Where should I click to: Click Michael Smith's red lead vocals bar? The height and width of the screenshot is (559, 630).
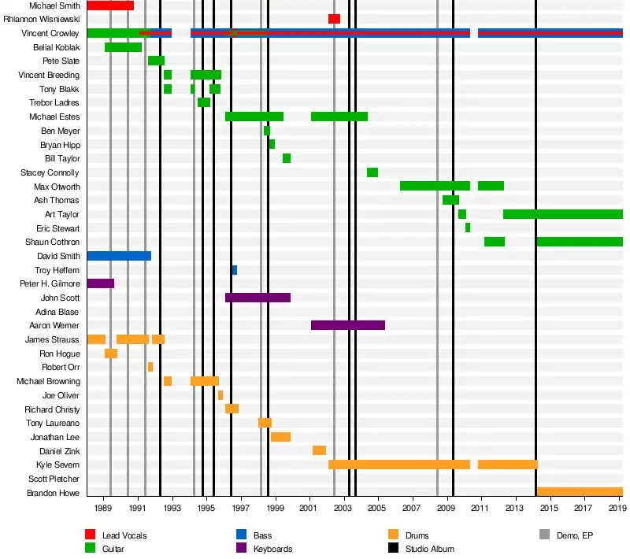coord(110,6)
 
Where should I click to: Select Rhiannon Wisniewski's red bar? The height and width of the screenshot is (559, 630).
coord(334,19)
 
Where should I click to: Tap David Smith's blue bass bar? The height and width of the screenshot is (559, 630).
coord(119,256)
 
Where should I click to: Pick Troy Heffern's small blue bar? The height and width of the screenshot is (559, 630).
coord(235,270)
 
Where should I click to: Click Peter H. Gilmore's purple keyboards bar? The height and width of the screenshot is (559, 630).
coord(100,283)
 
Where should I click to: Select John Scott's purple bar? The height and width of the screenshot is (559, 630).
coord(258,298)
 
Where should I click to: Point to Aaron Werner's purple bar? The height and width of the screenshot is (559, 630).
coord(348,325)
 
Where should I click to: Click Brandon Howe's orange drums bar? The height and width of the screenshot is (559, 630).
coord(580,492)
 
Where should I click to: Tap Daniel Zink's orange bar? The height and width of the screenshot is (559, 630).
coord(319,450)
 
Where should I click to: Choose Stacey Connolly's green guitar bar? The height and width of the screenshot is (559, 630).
coord(372,172)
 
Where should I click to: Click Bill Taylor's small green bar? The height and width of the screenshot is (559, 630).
coord(287,158)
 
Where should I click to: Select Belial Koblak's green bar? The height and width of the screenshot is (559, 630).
coord(123,47)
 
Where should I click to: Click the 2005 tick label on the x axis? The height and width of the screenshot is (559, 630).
coord(378,510)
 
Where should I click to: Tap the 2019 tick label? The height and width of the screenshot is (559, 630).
coord(617,510)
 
